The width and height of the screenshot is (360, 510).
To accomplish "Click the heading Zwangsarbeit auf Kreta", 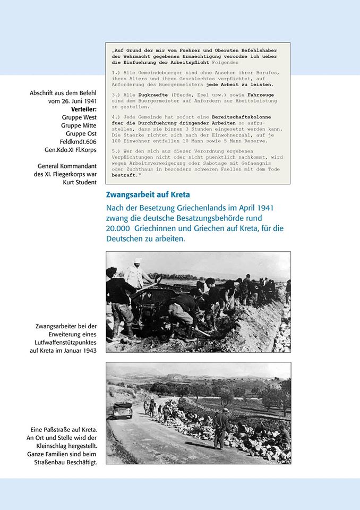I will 148,195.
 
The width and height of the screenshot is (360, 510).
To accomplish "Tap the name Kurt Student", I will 80,182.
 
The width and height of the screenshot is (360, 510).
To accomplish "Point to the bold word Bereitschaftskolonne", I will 239,116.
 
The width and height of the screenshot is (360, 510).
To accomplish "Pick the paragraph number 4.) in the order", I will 117,116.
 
